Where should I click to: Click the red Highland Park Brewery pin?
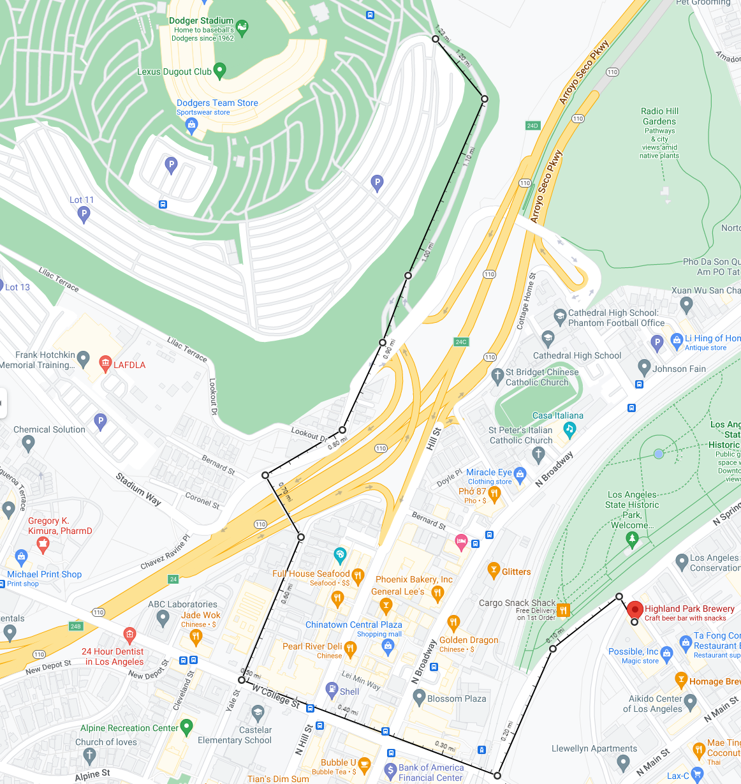pos(635,609)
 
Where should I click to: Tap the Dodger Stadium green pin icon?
pos(242,27)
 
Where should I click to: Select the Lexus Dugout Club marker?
pos(219,70)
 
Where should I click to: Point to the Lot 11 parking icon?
pos(84,214)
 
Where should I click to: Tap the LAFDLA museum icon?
pos(106,364)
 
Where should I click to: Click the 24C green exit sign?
pos(461,342)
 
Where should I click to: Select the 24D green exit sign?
pos(532,126)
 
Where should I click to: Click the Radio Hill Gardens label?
pos(659,116)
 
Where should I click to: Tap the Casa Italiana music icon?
pos(569,429)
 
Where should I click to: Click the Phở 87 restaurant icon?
pos(494,494)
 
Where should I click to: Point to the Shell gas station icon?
pos(332,690)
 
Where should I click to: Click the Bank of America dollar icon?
pos(390,771)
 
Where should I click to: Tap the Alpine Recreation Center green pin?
pos(186,726)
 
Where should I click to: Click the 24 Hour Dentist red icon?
pos(129,635)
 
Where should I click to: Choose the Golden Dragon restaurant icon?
pos(453,622)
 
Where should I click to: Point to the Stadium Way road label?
pos(138,489)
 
